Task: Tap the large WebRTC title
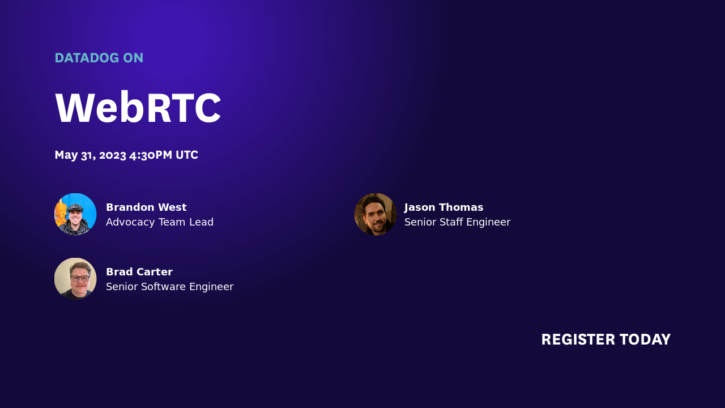(138, 108)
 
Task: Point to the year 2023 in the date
(112, 155)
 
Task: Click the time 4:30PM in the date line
(151, 155)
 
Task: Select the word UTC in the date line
(187, 155)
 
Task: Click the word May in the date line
(66, 155)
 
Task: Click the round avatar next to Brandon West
(75, 214)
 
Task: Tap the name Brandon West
(146, 207)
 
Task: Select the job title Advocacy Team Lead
(160, 222)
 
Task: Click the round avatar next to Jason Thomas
(376, 214)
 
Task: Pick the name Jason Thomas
(443, 207)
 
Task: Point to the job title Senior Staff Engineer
(457, 222)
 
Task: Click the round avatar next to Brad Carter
(75, 279)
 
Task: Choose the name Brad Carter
(139, 272)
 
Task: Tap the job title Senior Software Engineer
(169, 287)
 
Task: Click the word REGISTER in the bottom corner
(578, 339)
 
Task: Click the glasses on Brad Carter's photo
(80, 278)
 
